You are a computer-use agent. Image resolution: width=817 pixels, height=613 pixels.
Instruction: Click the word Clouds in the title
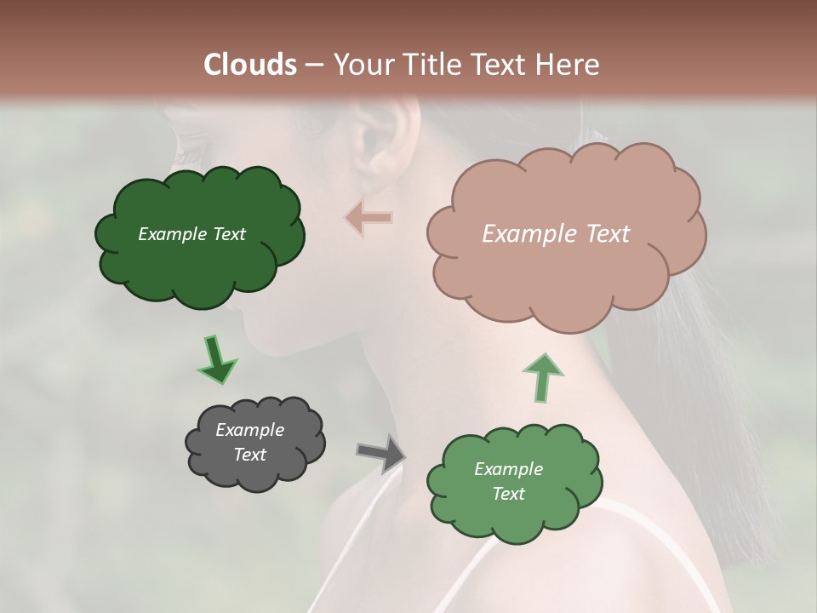coord(250,64)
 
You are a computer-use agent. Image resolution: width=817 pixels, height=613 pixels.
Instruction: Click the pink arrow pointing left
coord(369,218)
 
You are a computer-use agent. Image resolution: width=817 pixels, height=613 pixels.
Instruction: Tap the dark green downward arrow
coord(217,358)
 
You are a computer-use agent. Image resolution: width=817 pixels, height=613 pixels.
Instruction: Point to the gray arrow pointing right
coord(382,453)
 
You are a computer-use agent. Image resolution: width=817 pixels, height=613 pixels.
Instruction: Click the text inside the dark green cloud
coord(191,234)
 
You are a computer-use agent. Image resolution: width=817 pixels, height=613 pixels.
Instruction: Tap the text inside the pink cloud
coord(556,234)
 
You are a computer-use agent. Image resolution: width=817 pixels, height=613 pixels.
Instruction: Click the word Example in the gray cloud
coord(249,430)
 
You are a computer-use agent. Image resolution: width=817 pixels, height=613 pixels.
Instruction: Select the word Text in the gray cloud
coord(249,455)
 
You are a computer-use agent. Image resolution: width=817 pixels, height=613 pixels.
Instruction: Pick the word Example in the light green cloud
coord(508,469)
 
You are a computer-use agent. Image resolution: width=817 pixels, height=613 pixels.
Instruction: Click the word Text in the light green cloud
coord(508,494)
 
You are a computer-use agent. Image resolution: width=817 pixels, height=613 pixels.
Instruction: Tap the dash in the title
coord(314,66)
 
